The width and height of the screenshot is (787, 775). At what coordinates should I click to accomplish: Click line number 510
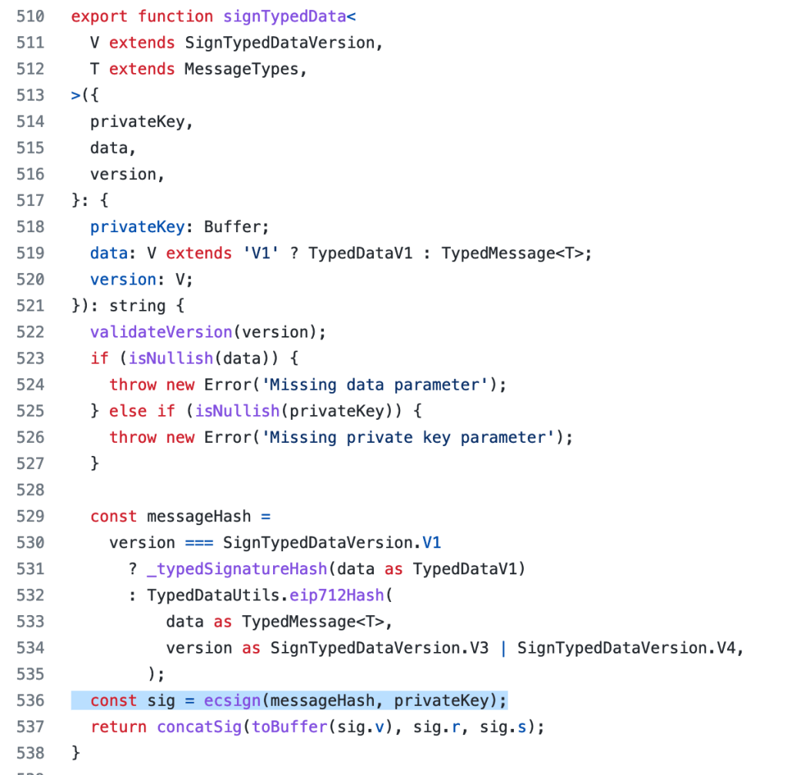tap(30, 16)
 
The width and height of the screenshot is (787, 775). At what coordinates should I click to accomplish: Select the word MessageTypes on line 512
tap(242, 69)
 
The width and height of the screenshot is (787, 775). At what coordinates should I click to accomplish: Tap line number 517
tap(30, 201)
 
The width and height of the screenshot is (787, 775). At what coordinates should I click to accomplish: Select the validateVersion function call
tap(161, 332)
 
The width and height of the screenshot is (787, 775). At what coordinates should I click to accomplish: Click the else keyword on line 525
tap(128, 411)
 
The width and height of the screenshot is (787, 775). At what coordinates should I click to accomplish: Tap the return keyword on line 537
tap(118, 727)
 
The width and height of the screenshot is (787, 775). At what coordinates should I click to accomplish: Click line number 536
tap(30, 700)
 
